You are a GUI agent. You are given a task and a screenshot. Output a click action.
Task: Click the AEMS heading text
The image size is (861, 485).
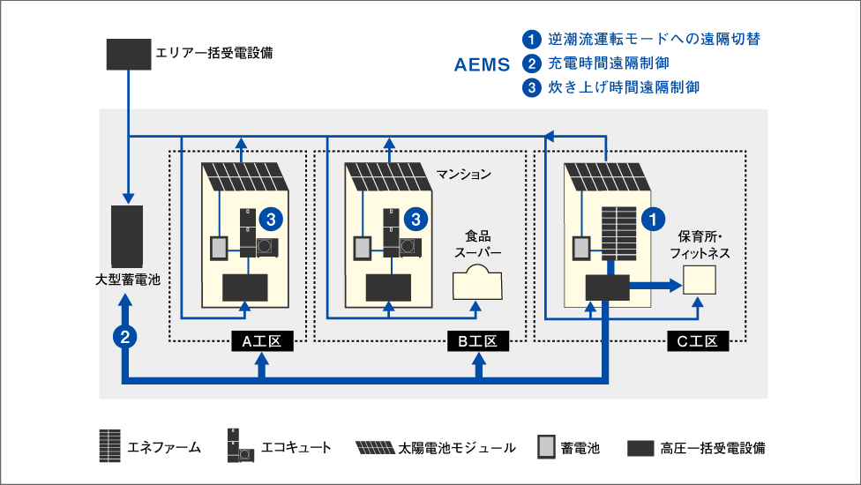482,64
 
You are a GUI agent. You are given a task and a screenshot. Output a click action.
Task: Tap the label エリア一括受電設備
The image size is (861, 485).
213,53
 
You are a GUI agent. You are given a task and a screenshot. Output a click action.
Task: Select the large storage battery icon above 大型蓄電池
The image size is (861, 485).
127,236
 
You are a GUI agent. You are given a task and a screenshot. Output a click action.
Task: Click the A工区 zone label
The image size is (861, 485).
261,341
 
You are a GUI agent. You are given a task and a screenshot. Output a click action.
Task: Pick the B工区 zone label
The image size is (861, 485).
478,341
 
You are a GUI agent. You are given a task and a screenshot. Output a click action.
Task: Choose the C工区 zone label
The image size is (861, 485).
698,341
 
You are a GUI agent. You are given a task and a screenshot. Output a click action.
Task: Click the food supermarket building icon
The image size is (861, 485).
477,285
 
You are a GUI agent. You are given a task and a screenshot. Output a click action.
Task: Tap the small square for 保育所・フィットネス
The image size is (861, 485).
699,280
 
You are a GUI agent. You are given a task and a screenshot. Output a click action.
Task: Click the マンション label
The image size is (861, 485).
463,174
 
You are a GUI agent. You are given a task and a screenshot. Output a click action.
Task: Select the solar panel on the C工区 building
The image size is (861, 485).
610,177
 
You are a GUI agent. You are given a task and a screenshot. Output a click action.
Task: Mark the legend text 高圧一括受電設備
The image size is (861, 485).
712,448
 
